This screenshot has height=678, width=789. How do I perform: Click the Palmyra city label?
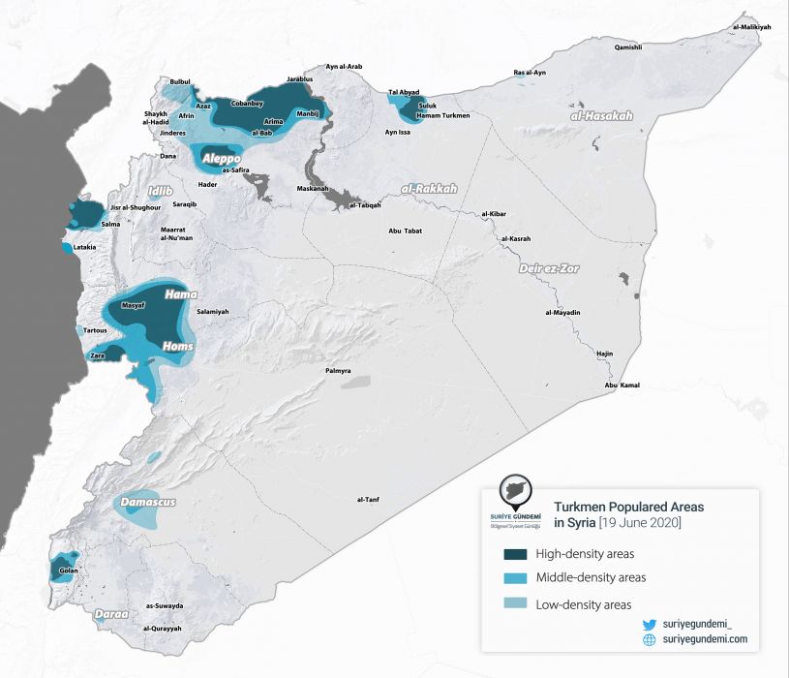coord(338,371)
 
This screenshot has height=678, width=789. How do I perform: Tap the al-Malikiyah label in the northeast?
coord(752,27)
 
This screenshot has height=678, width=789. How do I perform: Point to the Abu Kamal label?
coord(622,385)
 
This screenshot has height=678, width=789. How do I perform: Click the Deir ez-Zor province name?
coord(549,267)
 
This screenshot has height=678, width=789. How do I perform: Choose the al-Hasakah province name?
coord(601,115)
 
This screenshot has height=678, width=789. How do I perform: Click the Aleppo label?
coord(222,157)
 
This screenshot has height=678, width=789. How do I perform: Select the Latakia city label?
coord(84,247)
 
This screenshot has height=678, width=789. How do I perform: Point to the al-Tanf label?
coord(368,499)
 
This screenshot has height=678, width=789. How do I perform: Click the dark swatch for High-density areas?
coord(514,554)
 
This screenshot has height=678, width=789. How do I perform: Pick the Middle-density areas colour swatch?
coord(514,578)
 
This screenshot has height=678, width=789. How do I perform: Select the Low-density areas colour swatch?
coord(514,605)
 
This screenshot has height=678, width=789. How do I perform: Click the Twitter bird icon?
coord(650,626)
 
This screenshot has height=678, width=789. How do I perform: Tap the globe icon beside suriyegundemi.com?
coord(650,640)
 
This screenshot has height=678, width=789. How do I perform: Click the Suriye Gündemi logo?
coord(518,502)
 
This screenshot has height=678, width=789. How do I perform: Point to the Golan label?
coord(69,570)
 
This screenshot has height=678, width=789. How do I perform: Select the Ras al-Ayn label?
coord(531,73)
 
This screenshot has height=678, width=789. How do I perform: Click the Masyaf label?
coord(133,305)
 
